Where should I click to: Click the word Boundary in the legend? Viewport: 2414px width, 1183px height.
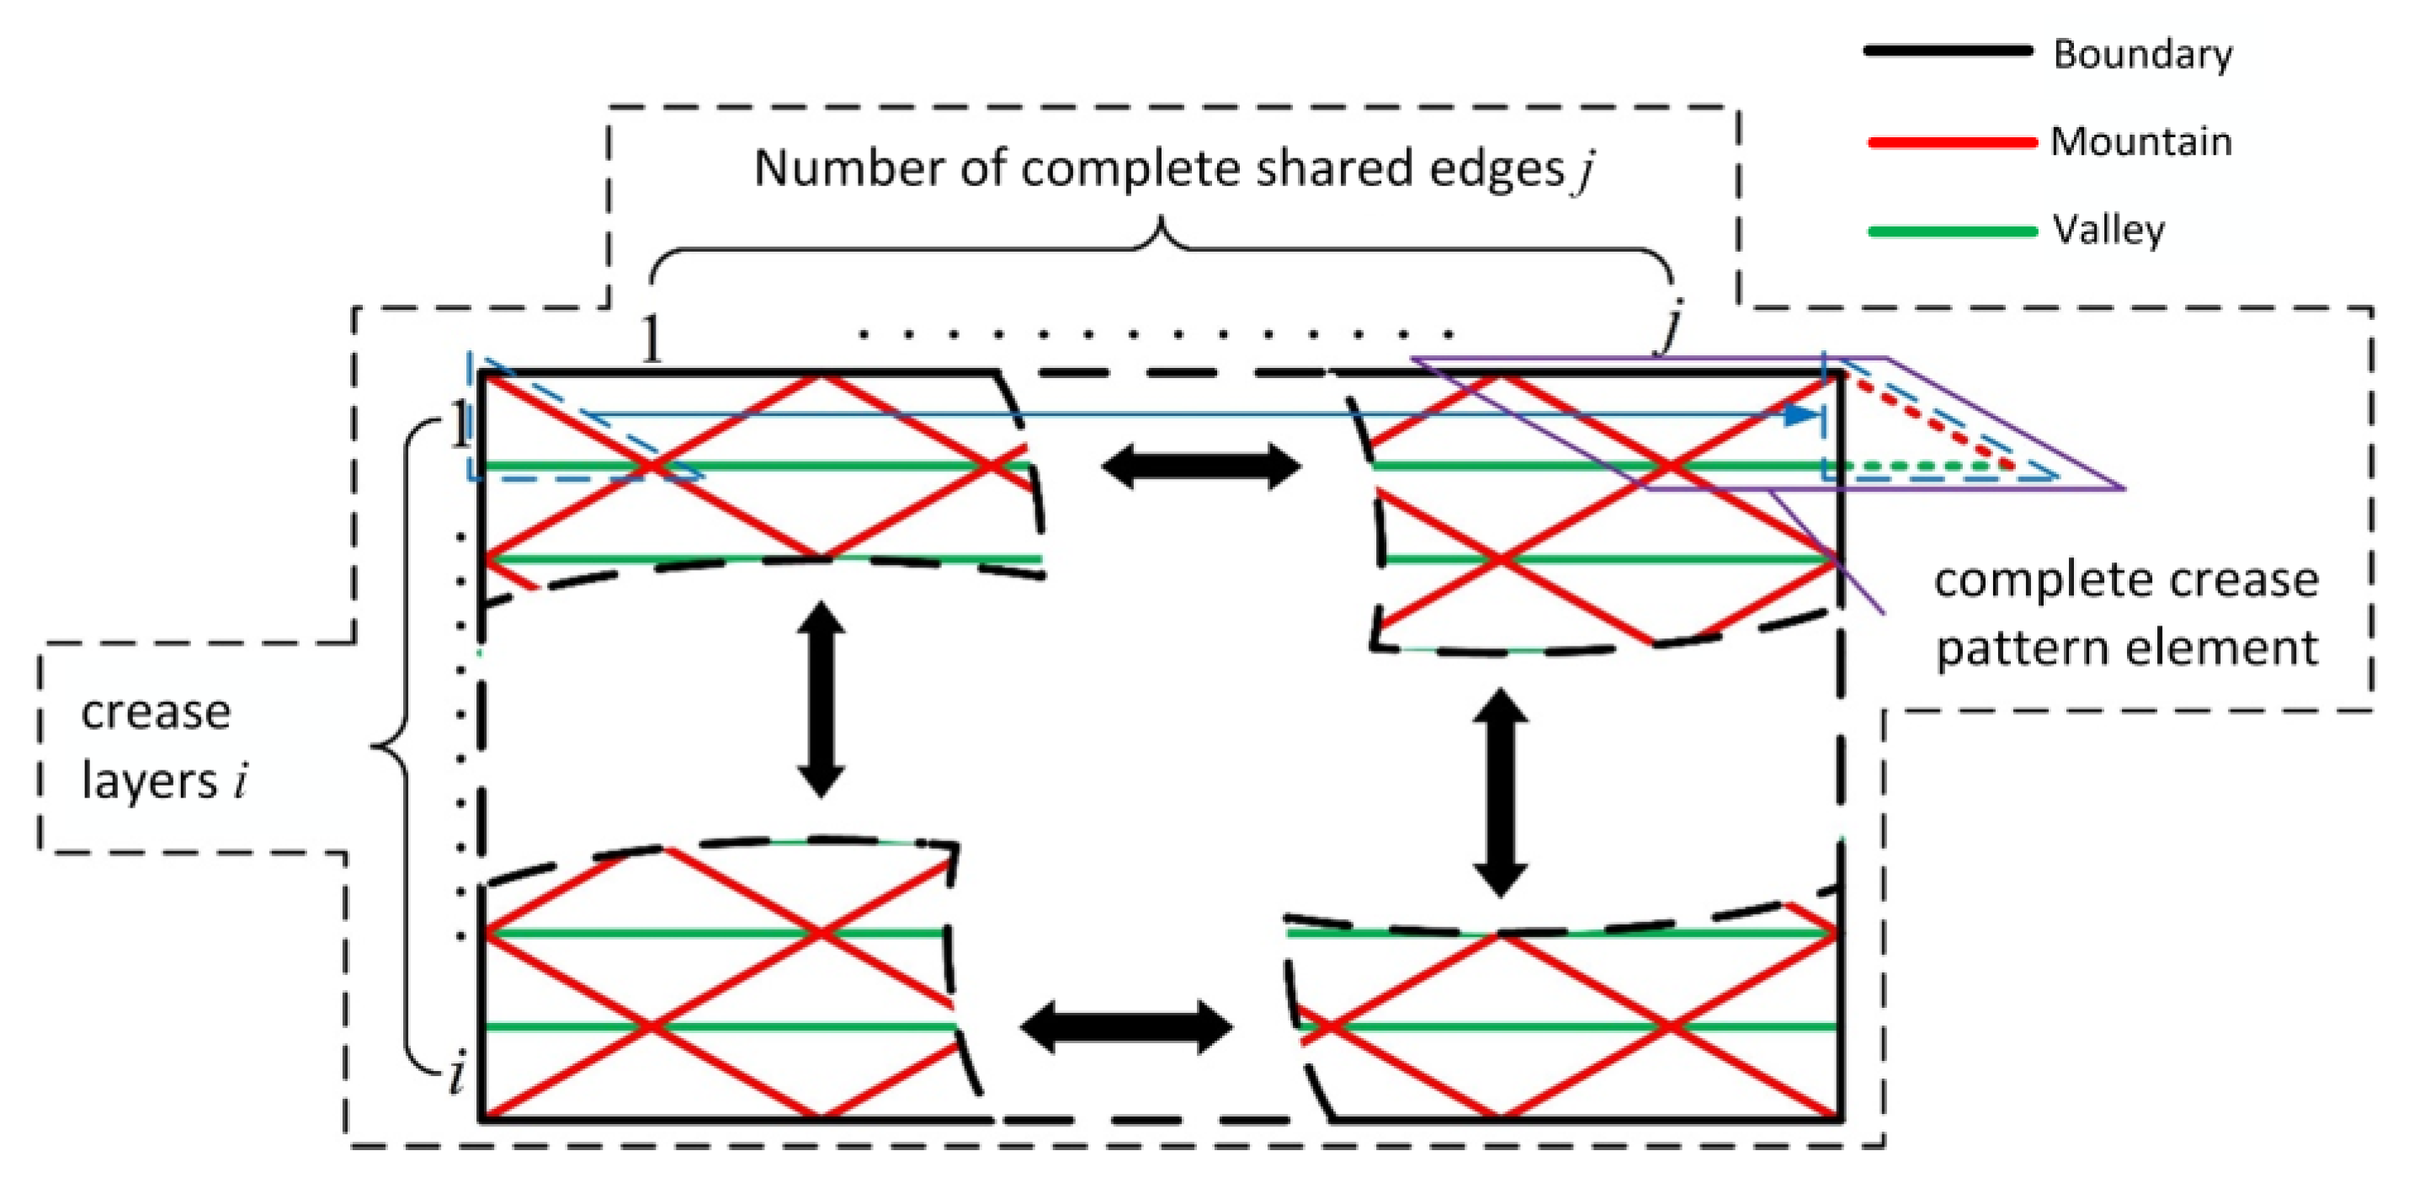coord(2142,55)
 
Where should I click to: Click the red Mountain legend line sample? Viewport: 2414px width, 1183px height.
coord(1951,142)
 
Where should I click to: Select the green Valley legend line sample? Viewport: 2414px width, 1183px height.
coord(1951,231)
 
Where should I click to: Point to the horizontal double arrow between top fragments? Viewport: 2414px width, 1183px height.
coord(1200,466)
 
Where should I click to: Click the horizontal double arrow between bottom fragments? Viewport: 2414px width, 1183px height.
coord(1125,1026)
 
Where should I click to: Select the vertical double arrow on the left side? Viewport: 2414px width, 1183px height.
coord(821,700)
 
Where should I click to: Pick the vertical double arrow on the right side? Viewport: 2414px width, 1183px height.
coord(1500,793)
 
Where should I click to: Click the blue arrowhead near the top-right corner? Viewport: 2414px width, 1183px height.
coord(1801,415)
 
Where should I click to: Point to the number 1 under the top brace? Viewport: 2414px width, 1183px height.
coord(651,339)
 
